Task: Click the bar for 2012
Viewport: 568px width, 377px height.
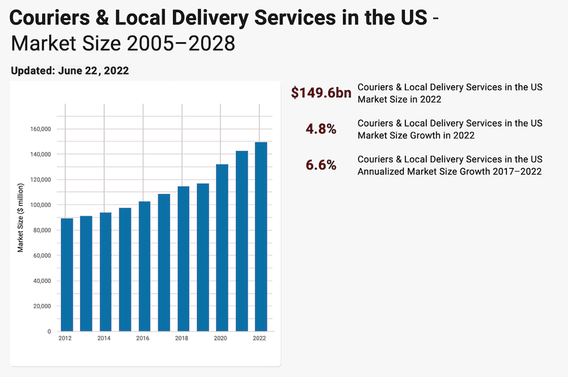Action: click(x=67, y=274)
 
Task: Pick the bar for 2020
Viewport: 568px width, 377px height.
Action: click(x=222, y=247)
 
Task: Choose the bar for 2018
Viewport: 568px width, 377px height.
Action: click(x=184, y=259)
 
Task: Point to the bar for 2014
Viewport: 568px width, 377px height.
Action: click(x=106, y=271)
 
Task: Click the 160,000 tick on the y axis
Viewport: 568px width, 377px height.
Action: click(x=41, y=129)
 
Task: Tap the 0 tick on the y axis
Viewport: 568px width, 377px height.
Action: click(x=49, y=331)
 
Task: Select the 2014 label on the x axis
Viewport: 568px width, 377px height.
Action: click(x=104, y=338)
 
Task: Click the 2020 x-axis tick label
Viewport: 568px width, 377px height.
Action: click(x=221, y=338)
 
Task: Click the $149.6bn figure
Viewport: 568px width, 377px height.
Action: click(x=321, y=93)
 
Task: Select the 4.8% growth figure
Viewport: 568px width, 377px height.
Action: click(x=321, y=129)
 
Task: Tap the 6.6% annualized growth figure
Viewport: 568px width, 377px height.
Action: click(x=321, y=165)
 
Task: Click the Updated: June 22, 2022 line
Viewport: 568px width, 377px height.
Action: click(x=70, y=70)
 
